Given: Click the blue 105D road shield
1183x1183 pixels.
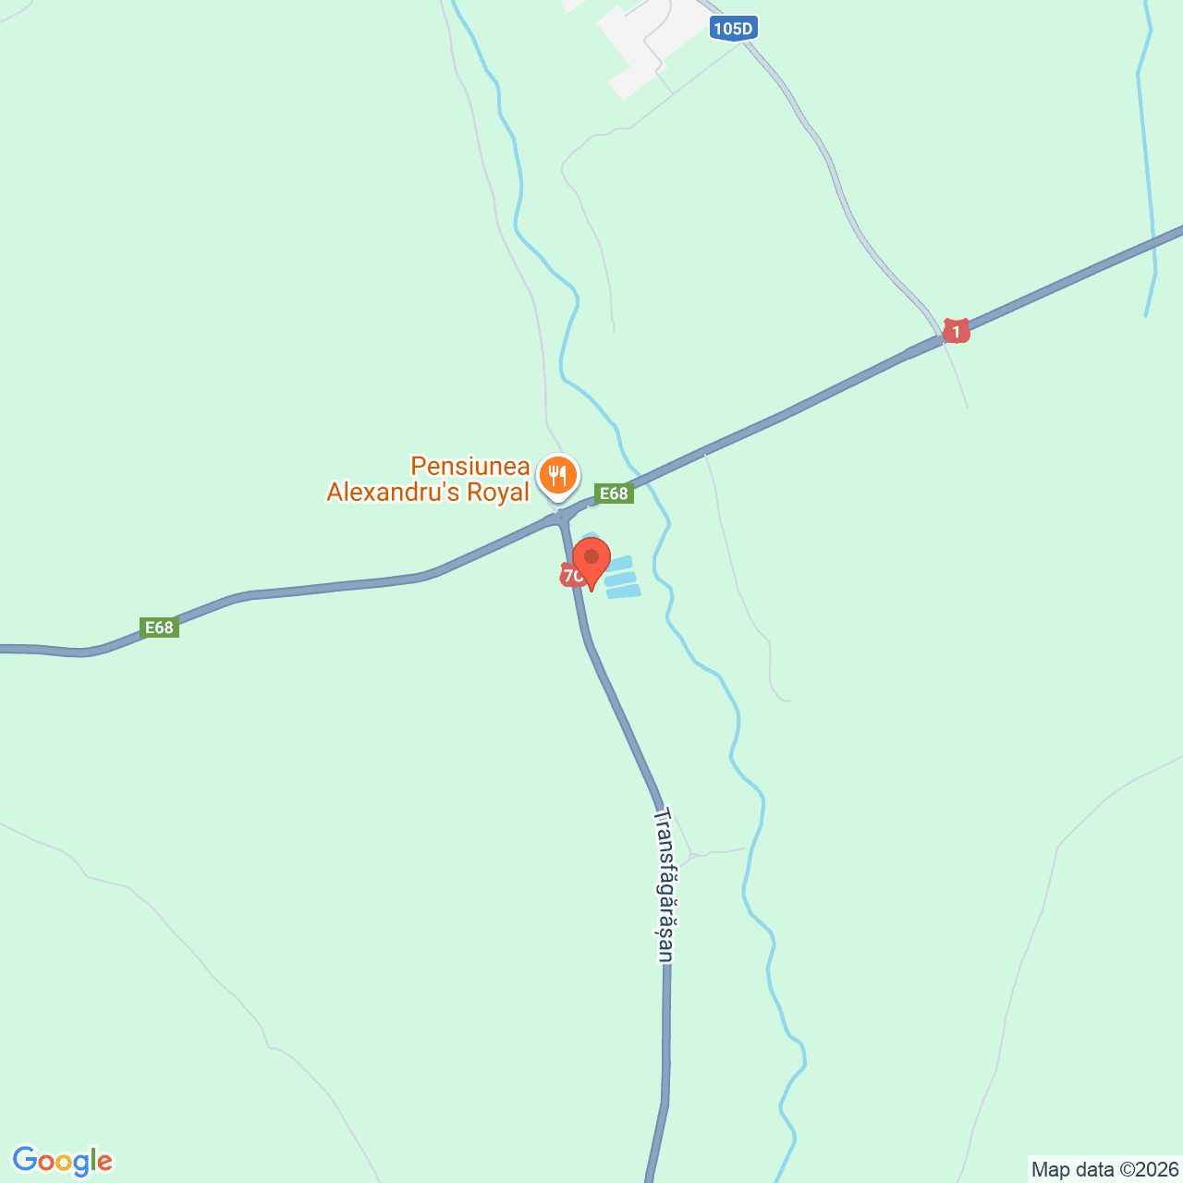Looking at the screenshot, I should tap(733, 29).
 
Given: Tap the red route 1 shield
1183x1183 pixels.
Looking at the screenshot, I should tap(956, 330).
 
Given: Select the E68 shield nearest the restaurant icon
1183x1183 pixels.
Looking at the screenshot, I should tap(614, 494).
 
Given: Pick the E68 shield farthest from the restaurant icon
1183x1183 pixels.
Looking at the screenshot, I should tap(159, 628).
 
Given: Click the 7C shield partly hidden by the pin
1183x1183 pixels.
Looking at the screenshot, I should tap(569, 576).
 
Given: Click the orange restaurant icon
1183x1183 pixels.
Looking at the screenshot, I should tap(557, 476).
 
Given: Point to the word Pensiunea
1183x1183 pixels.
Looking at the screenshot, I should tap(470, 466).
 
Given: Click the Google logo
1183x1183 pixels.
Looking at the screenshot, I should tap(62, 1161).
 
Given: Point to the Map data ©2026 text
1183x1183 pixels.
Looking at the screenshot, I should tap(1104, 1169).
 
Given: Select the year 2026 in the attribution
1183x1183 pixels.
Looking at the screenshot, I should tap(1159, 1169).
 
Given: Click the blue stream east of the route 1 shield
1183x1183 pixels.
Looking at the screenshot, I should tap(1149, 185).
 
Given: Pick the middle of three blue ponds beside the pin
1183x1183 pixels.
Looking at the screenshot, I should tap(621, 579).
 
